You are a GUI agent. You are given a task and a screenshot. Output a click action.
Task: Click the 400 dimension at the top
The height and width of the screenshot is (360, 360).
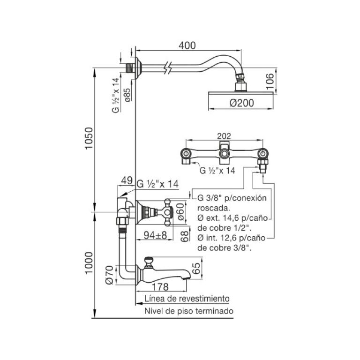point(187,45)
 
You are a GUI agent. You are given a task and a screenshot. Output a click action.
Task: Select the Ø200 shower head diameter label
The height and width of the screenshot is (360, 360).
point(242,103)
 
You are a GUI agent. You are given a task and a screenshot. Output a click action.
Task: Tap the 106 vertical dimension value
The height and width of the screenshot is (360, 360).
point(270,81)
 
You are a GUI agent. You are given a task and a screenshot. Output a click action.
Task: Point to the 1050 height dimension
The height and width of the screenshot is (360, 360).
point(89,138)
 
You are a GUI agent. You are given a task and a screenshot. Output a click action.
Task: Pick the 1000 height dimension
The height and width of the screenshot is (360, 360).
point(89,263)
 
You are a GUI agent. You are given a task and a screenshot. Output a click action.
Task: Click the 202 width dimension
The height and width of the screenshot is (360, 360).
point(224,136)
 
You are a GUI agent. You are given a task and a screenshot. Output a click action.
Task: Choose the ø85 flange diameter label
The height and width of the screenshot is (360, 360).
point(127,95)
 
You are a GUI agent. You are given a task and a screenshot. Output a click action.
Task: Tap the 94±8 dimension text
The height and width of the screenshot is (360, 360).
point(155,235)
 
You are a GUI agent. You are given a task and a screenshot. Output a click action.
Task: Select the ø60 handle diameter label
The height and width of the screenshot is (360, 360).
point(181,212)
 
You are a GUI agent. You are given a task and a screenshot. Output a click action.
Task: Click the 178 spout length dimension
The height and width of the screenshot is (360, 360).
point(160,287)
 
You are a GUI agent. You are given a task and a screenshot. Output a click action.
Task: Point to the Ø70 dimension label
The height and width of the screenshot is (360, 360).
point(110,275)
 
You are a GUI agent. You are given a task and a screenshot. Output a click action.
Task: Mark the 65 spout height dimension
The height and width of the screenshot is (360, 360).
point(196,268)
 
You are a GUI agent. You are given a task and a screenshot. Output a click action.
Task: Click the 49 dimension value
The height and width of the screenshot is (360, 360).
point(127,180)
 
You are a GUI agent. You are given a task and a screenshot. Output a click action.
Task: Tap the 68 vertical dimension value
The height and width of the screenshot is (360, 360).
point(184,236)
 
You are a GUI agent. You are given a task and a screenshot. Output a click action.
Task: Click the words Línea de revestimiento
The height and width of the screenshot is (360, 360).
point(187,299)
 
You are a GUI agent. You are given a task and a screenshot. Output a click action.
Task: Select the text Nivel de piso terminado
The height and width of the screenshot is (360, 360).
point(189,311)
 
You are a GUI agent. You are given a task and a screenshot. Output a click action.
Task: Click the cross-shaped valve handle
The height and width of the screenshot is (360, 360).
point(168,212)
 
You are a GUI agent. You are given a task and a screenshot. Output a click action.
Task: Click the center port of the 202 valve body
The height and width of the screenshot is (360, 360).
point(224,153)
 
